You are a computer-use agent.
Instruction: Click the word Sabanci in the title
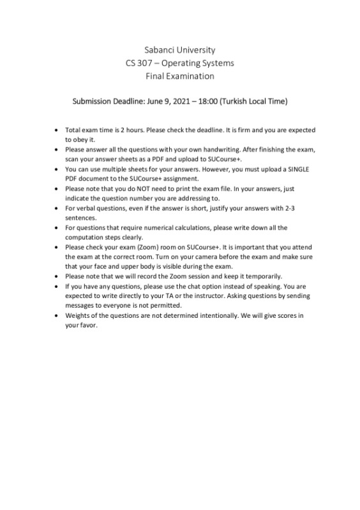click(161, 50)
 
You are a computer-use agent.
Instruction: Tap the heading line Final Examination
click(179, 76)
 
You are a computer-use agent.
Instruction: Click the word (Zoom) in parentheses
click(149, 247)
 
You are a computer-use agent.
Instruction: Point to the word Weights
click(78, 315)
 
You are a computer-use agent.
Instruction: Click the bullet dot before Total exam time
click(58, 130)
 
